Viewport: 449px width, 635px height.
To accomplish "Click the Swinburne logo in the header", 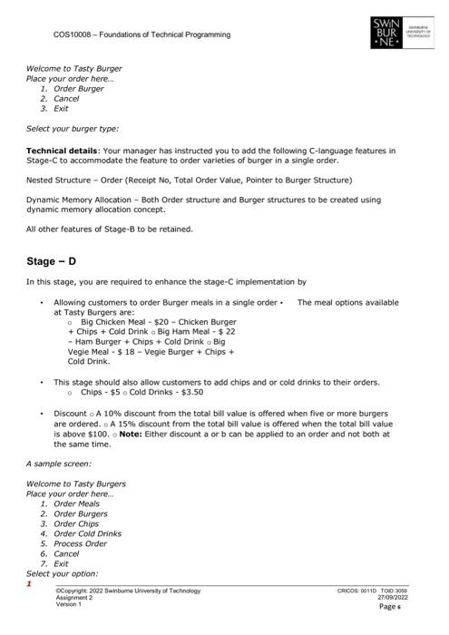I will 388,32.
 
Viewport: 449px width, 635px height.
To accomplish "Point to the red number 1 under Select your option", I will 29,584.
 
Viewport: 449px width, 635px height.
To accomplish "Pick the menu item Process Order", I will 81,543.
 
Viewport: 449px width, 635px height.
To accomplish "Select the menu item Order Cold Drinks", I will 87,533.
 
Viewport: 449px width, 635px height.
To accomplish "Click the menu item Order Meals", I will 77,503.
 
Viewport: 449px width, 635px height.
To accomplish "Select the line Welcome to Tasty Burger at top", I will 73,68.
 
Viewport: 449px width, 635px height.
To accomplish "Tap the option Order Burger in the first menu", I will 78,89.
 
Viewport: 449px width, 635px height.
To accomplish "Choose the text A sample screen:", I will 59,464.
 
